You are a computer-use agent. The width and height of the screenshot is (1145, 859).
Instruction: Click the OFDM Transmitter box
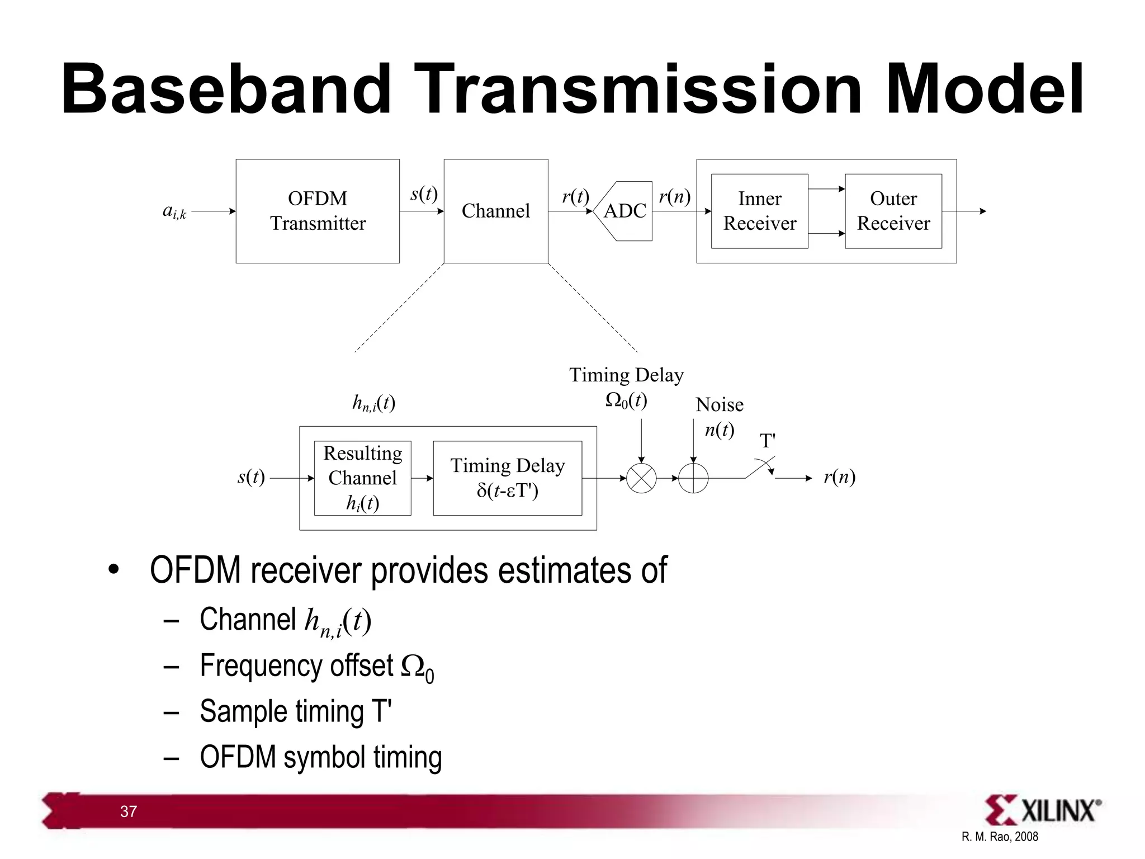(x=318, y=211)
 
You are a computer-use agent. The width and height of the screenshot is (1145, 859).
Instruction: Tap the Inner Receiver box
(x=759, y=211)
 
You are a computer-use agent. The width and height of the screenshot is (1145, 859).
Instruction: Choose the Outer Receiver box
(x=893, y=211)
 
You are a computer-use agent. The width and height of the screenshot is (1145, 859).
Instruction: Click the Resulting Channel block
(x=362, y=478)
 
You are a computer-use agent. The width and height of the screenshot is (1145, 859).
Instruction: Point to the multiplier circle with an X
(x=641, y=478)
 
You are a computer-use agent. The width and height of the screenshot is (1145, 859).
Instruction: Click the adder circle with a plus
(x=693, y=478)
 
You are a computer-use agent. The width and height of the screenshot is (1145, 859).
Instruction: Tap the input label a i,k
(x=174, y=211)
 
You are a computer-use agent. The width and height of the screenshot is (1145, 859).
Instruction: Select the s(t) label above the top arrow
(x=424, y=194)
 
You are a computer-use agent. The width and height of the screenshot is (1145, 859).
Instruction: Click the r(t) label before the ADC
(x=575, y=196)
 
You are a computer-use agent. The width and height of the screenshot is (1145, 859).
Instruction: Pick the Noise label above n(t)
(x=719, y=404)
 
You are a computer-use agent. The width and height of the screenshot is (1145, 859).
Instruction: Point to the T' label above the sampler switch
(x=768, y=441)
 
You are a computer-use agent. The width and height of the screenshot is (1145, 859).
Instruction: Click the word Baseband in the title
(x=226, y=89)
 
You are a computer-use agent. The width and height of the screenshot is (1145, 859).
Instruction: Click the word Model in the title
(x=984, y=89)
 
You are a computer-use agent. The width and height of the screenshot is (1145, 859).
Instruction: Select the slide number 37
(x=128, y=811)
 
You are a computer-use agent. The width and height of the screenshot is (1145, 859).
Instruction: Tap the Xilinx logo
(x=1043, y=810)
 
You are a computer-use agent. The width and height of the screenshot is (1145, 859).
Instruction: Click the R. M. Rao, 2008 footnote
(x=1000, y=837)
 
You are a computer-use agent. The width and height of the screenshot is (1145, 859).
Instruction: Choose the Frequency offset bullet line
(x=316, y=667)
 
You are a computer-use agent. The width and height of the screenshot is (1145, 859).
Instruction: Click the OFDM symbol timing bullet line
(x=320, y=757)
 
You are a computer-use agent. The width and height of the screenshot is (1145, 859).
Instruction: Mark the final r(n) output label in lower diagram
(x=839, y=477)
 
